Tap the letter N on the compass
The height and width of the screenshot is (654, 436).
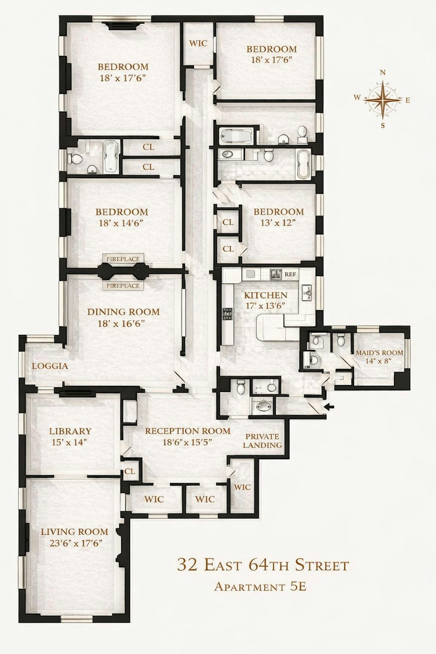click(x=383, y=73)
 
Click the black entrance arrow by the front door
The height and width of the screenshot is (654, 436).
click(x=330, y=407)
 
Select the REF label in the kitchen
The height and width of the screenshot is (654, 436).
click(x=290, y=274)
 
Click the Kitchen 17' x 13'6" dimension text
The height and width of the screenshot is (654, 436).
click(x=265, y=305)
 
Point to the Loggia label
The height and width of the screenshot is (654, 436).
click(x=50, y=366)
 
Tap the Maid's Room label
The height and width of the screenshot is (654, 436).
click(x=380, y=353)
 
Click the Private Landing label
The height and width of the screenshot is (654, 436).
click(x=262, y=441)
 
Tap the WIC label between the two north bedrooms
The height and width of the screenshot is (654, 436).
click(x=198, y=43)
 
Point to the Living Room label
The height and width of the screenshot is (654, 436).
click(x=74, y=532)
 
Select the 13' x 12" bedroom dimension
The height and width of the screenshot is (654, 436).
click(x=278, y=223)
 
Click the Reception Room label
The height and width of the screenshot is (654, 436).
click(x=188, y=431)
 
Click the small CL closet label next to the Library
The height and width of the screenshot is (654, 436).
click(x=130, y=471)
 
